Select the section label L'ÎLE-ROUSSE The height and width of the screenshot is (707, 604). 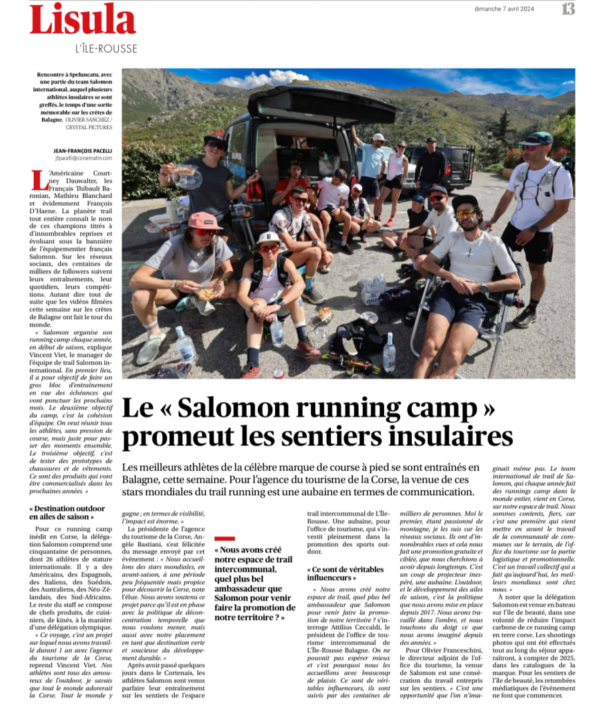tap(106, 48)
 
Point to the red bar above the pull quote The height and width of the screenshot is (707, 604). tap(225, 538)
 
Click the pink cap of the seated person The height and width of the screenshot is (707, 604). tap(205, 220)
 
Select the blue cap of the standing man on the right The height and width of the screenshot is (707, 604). tap(540, 137)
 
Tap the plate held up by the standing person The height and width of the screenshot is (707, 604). tap(186, 176)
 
